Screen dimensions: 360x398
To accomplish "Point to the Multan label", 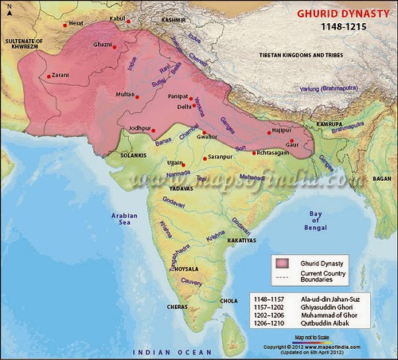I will click(124, 95).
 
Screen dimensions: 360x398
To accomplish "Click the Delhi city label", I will click(184, 106).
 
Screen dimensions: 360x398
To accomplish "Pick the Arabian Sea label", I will click(125, 219).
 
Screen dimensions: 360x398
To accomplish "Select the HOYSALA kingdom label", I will click(187, 269).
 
